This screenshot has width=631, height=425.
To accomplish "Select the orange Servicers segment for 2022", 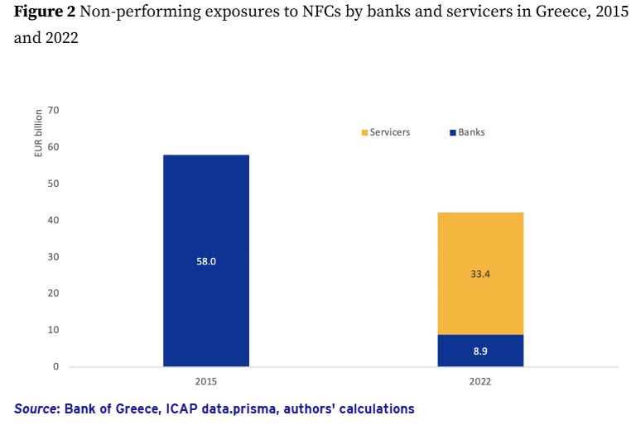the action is coord(480,274).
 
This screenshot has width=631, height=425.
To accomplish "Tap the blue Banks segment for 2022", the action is coord(480,351).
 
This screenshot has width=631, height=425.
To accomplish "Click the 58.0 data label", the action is coord(206,261).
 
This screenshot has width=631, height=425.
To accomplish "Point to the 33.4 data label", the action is coord(480,274).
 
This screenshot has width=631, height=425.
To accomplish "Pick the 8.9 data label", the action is coord(480,351).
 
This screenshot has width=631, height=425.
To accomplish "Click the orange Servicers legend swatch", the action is coord(364,132).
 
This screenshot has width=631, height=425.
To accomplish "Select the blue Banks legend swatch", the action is coord(453,132).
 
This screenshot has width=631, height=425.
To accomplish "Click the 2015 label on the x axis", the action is coord(206,381).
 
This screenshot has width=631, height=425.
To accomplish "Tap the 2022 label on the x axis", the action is coord(480,381).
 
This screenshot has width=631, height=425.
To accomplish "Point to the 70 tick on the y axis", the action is coord(54,110).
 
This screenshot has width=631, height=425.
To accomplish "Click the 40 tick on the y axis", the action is coord(54,220).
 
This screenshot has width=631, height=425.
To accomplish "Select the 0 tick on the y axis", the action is coord(56,366).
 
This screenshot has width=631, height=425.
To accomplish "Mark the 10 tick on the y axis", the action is coord(54,330).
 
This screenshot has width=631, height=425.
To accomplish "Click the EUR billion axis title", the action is coord(39,133).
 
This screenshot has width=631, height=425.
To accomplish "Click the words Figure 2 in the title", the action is coord(45,12).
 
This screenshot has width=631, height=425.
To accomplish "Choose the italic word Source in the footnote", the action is coord(34,409).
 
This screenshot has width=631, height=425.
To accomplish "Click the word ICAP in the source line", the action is coord(182,409).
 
